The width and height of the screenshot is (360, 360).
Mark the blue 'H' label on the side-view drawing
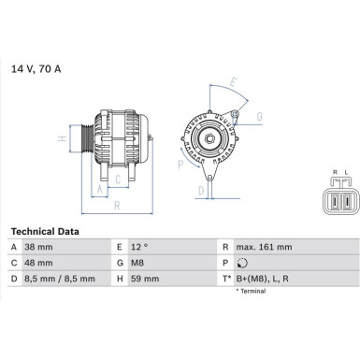pyautogui.click(x=61, y=139)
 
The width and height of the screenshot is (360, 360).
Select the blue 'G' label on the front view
pyautogui.click(x=258, y=116)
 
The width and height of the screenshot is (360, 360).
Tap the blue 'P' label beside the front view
pyautogui.click(x=180, y=164)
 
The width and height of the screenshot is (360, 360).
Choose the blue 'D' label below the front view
pyautogui.click(x=202, y=190)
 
